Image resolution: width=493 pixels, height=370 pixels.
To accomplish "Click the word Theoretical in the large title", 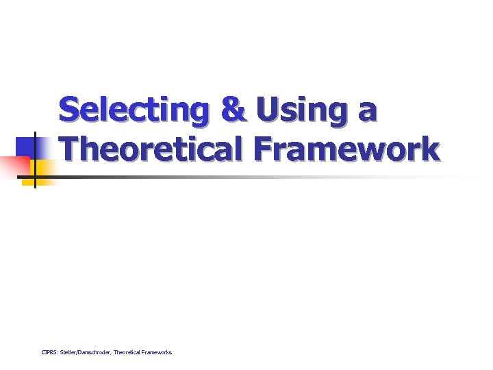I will [155, 149].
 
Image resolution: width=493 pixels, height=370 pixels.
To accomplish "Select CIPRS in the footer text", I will [49, 352].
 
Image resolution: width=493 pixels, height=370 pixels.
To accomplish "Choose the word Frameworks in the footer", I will [158, 352].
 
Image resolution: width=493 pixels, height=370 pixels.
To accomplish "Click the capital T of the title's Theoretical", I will [69, 149].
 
